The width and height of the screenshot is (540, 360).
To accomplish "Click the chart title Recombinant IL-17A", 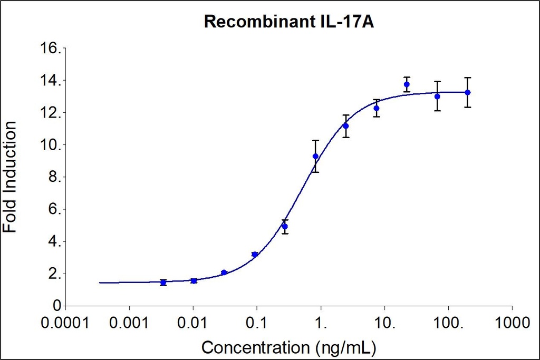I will pos(289,22).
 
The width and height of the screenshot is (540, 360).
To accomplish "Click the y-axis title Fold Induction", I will pos(11,177).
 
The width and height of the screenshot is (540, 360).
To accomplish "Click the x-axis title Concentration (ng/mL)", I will pos(289,348).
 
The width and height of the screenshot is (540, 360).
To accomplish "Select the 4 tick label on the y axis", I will pos(54,242).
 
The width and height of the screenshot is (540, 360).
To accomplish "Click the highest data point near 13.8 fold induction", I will pos(407,84).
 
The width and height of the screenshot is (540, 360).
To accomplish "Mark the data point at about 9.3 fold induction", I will pos(315,157).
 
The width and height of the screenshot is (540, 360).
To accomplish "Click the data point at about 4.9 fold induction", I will pos(285,227).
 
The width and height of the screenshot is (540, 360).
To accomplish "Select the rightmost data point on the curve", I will pos(467,92).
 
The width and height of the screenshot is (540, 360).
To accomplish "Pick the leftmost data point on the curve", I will pos(163,283).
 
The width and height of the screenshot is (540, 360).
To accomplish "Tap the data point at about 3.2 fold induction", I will pos(255,255).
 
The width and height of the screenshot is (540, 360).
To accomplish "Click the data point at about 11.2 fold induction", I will pos(345,126).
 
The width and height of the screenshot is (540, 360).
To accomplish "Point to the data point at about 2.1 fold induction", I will pos(224,273).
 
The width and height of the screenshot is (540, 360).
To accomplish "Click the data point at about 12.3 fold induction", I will pos(376,108).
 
